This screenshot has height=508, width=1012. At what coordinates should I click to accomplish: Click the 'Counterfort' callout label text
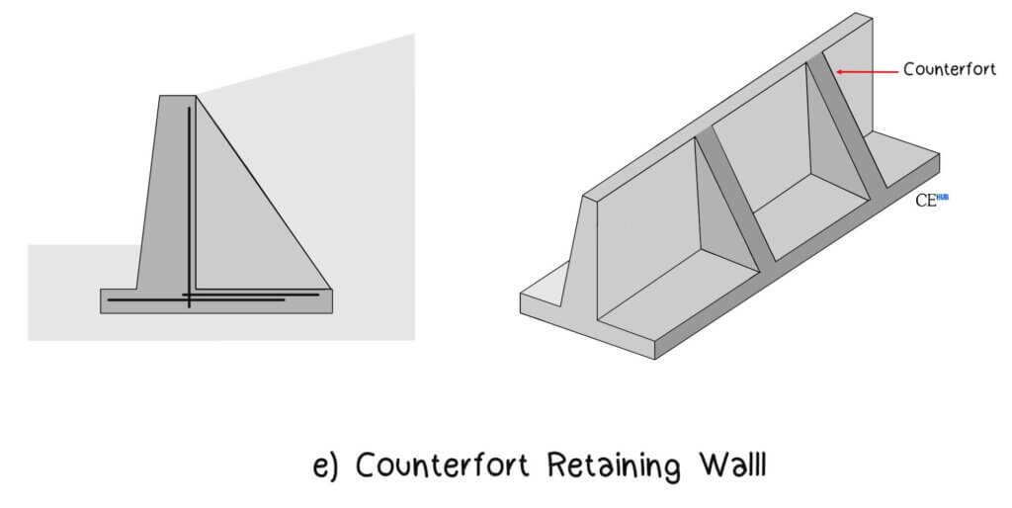click(949, 69)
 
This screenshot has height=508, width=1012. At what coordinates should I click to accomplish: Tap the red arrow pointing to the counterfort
click(866, 70)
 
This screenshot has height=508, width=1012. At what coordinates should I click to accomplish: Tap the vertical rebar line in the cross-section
click(189, 198)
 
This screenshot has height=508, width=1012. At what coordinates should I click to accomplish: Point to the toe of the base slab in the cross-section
click(117, 300)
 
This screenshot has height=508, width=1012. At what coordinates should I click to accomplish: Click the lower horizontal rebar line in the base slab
click(198, 299)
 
